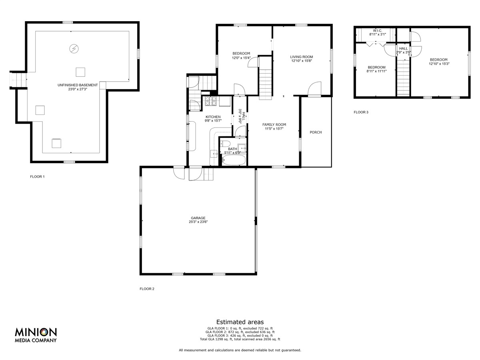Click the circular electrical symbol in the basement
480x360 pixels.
coord(74,48)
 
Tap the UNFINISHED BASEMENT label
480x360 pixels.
coord(78,85)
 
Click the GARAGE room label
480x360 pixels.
coord(198,218)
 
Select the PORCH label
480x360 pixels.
coord(316,132)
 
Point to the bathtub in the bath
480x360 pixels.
coord(234,160)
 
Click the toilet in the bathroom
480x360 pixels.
coord(225,144)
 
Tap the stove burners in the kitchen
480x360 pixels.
coord(210,101)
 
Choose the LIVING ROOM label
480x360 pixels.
coord(301,57)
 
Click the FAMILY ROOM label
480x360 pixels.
coord(274,124)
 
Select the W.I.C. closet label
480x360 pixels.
coord(378,31)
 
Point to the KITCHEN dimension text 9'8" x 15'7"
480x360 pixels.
coord(213,120)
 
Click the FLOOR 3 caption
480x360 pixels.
coord(361,112)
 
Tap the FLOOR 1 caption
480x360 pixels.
coord(37,177)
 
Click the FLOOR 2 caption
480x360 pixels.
coord(147,289)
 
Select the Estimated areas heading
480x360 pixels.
coord(240,322)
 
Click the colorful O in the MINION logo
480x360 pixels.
coord(44,332)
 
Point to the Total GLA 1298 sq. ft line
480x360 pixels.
coord(240,339)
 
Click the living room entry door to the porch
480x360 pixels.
coord(314,89)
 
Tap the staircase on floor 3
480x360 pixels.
coord(403,78)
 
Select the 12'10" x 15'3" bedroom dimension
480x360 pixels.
coord(439,64)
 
